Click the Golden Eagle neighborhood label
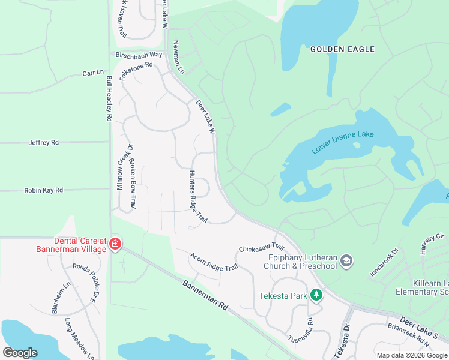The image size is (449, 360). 342,49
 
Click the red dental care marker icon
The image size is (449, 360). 114,244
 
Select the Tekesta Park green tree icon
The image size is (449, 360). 316,295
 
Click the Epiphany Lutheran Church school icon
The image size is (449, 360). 346,261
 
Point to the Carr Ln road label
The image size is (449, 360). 93,73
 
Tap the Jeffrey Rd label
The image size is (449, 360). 44,143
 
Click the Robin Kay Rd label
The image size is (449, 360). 43,190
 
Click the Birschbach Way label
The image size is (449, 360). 139,55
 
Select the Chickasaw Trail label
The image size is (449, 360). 261,247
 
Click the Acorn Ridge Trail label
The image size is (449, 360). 214,262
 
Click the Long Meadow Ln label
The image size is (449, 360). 80,339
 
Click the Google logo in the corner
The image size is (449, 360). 20,352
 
